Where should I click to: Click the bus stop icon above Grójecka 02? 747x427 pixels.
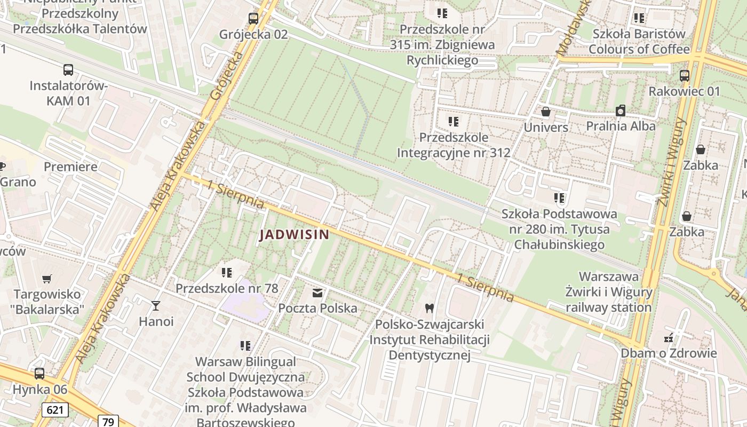tap(253, 19)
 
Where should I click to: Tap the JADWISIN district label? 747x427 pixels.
tap(294, 234)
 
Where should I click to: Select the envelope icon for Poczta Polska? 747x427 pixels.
tap(317, 292)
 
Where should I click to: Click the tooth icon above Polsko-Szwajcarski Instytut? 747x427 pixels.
tap(428, 308)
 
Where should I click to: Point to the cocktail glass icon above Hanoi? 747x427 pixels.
tap(155, 305)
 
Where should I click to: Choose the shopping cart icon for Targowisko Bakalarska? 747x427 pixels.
tap(47, 279)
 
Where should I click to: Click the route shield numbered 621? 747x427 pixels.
tap(54, 410)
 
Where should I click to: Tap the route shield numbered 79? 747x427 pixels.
tap(108, 421)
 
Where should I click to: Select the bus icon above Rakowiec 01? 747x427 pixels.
tap(684, 76)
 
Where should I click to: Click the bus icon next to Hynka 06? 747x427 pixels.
tap(39, 374)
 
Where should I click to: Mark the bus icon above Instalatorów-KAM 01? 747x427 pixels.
tap(68, 70)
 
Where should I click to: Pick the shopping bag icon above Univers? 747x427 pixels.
tap(545, 112)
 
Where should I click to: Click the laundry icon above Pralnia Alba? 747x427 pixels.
tap(620, 110)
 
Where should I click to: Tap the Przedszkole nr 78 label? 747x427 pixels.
tap(227, 288)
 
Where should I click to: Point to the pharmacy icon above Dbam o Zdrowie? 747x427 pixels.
tap(667, 337)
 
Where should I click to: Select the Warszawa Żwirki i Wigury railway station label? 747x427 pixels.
tap(609, 292)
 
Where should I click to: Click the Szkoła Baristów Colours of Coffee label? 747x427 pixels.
tap(639, 42)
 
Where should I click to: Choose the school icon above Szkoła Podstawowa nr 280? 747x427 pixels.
tap(559, 199)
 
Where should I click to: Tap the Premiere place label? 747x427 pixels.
tap(70, 167)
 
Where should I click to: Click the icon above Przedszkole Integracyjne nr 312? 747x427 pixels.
tap(453, 122)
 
